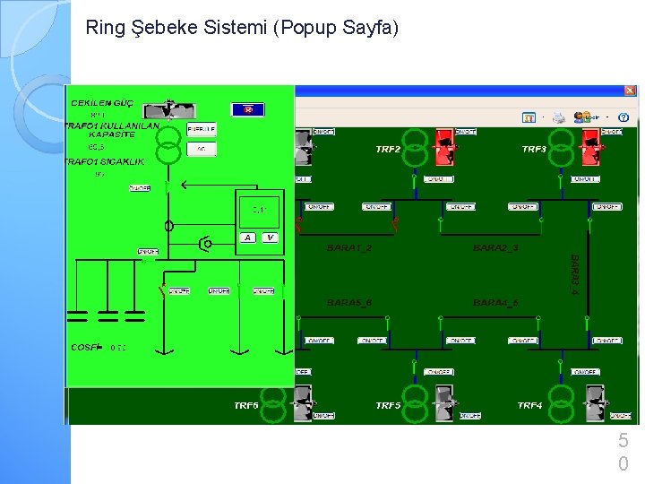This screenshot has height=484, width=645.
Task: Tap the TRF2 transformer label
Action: [x=388, y=149]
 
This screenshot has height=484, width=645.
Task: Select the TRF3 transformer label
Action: [x=535, y=149]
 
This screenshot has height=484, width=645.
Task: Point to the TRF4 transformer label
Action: [x=530, y=405]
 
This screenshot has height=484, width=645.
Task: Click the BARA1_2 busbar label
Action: [x=348, y=247]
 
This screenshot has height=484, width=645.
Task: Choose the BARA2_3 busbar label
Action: [x=495, y=247]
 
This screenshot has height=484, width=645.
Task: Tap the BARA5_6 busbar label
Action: [x=348, y=303]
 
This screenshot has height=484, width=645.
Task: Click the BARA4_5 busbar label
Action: [x=495, y=303]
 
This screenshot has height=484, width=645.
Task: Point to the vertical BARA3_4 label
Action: [x=575, y=273]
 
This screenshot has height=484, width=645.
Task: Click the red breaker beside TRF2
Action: [x=443, y=146]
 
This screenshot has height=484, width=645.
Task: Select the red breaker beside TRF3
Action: [x=590, y=146]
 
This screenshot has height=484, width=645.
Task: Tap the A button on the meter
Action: [x=247, y=238]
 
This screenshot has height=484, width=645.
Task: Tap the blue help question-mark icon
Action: [x=623, y=117]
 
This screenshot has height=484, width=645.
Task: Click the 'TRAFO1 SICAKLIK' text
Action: [x=105, y=161]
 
